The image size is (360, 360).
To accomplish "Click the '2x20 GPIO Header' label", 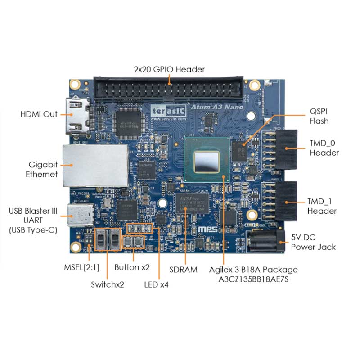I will pos(169,69).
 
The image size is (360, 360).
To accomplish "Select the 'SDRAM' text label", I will pos(184,270).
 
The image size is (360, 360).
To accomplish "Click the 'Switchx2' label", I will pos(107,284).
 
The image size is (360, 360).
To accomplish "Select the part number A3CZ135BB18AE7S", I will pos(253,279).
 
